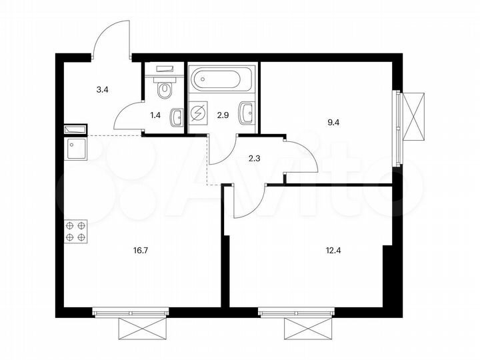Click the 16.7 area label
[140, 251]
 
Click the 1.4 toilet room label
[155, 115]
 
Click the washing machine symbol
[198, 114]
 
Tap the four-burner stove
[75, 231]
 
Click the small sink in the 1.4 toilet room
[177, 117]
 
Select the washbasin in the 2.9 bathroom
[247, 113]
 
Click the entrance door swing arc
[110, 39]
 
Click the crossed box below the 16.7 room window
[140, 328]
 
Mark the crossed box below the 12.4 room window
[306, 328]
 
